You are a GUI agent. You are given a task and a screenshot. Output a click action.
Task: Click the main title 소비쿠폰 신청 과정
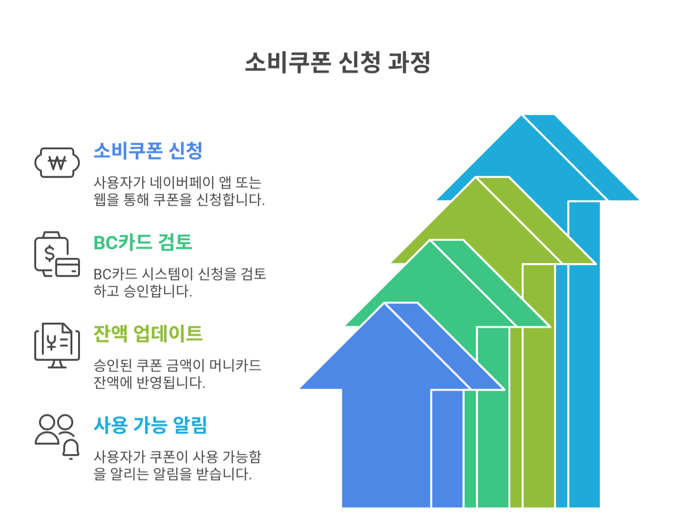click(x=338, y=62)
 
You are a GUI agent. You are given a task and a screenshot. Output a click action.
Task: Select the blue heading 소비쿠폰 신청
click(x=148, y=151)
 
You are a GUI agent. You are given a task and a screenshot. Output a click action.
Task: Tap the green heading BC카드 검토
click(x=143, y=242)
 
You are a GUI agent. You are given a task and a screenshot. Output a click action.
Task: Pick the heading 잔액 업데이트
click(x=148, y=334)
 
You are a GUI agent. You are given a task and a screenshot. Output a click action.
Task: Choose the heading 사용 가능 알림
click(x=150, y=425)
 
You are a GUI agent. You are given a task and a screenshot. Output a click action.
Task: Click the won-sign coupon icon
click(x=57, y=163)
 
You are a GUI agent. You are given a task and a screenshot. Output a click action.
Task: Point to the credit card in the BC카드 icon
click(x=68, y=267)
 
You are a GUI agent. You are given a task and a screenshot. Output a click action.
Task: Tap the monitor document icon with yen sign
click(x=57, y=345)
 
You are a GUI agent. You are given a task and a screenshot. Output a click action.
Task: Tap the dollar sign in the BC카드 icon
click(x=50, y=252)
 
